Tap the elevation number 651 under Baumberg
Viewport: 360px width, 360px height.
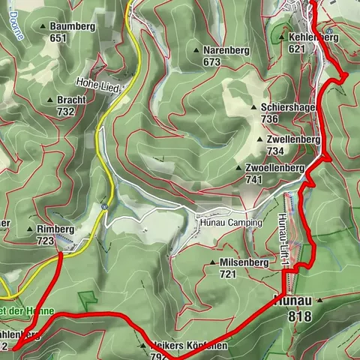[x=58, y=37]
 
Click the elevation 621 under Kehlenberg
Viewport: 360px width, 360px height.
[x=297, y=48]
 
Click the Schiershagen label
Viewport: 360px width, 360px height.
[x=289, y=107]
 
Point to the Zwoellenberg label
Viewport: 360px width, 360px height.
[x=274, y=168]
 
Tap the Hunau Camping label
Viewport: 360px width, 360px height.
[x=230, y=223]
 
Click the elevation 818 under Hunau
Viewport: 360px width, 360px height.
[x=298, y=316]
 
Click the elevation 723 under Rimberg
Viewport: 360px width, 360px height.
[x=45, y=241]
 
